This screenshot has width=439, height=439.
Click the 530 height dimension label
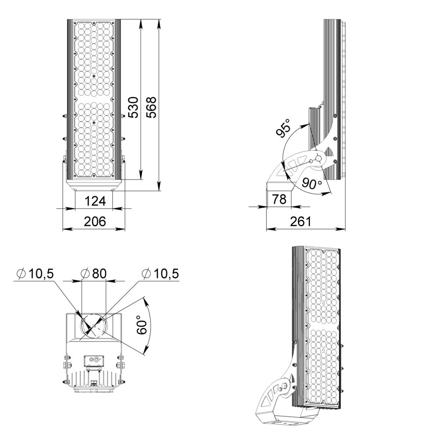coord(133,107)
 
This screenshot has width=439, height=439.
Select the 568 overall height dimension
coord(151,107)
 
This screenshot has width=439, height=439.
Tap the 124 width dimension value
coord(95,201)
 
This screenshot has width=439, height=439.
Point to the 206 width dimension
coord(95,222)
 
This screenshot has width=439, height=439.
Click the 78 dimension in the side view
coord(279,199)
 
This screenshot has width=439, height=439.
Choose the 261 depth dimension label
coord(301,222)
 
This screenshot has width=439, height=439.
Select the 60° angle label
coord(141,325)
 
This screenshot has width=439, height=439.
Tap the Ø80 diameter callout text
coord(94,274)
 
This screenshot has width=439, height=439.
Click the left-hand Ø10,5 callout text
coord(35,274)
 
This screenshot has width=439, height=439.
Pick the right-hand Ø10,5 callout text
coord(160,274)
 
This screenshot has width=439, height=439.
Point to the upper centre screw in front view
coord(94,76)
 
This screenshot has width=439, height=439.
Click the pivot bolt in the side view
coord(319,158)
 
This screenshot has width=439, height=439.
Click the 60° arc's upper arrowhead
coord(144,299)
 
